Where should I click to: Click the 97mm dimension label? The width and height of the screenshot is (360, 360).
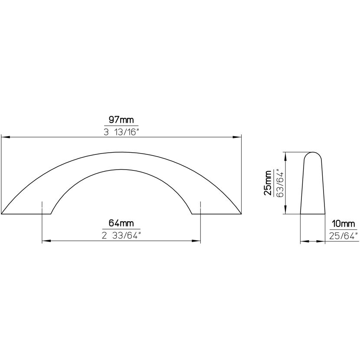[121, 120]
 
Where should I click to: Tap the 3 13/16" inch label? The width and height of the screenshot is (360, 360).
[121, 132]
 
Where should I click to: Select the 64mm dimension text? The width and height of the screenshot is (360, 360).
[121, 223]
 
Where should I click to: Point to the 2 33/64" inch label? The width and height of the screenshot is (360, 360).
[121, 236]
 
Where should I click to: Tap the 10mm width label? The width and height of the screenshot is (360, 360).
[344, 224]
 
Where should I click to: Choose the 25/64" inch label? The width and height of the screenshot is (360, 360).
[344, 236]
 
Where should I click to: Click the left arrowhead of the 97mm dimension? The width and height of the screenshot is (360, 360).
[6, 137]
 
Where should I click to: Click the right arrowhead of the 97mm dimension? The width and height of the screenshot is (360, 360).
[237, 137]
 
